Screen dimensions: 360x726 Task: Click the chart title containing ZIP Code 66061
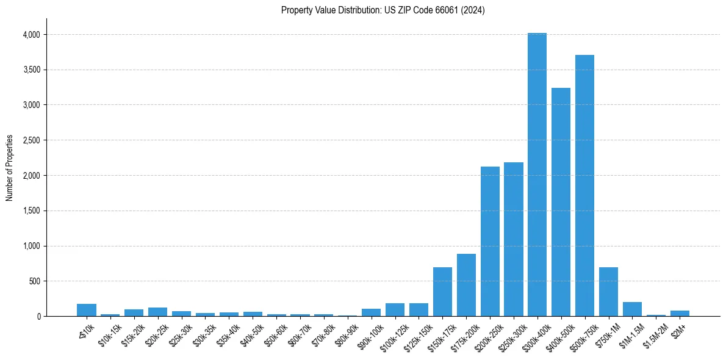coord(383,10)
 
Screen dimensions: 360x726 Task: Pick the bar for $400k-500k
coord(561,202)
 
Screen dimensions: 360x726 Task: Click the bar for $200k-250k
coord(490,241)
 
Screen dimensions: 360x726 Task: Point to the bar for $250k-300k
coord(514,239)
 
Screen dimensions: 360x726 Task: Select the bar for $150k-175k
coord(442,292)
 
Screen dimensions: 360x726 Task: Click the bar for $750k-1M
coord(608,292)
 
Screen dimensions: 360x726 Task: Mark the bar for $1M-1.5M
coord(632,309)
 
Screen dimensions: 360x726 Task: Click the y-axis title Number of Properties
coord(10,168)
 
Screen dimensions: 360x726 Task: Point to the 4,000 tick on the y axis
coord(31,35)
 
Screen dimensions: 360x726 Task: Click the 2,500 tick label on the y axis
coord(31,140)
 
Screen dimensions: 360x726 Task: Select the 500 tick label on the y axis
coord(35,281)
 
